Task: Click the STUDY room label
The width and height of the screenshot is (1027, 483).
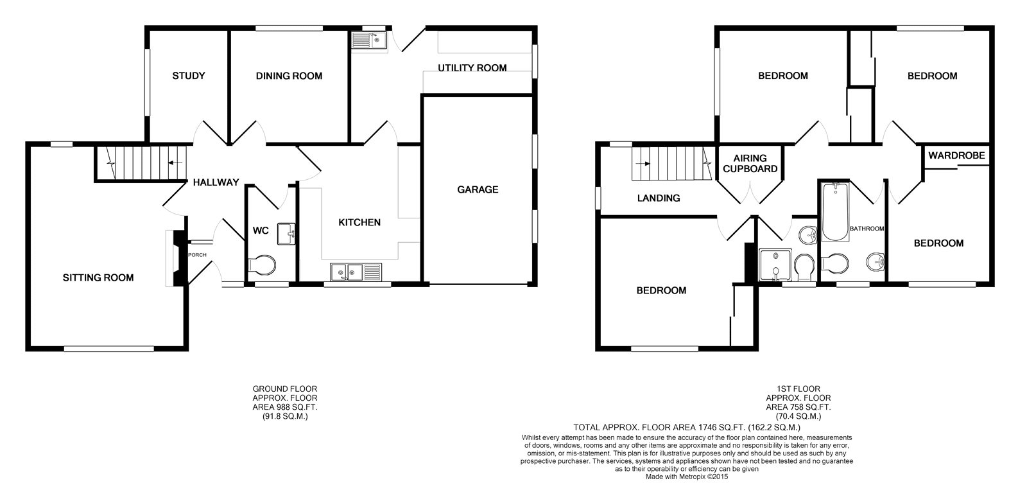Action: pyautogui.click(x=189, y=76)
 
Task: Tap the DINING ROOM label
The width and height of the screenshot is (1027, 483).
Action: pyautogui.click(x=289, y=76)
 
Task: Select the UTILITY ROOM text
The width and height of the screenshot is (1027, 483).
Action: pyautogui.click(x=472, y=68)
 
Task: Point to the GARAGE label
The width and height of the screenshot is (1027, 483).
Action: pyautogui.click(x=478, y=189)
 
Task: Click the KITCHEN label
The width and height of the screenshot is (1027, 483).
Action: pyautogui.click(x=359, y=222)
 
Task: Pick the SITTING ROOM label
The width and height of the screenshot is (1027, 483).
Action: pyautogui.click(x=98, y=277)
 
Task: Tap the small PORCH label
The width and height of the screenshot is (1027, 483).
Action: pyautogui.click(x=197, y=255)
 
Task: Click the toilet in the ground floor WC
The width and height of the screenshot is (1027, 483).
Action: pyautogui.click(x=262, y=265)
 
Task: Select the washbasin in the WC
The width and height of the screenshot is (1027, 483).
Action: pyautogui.click(x=286, y=234)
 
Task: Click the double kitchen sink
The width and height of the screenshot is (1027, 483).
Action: pyautogui.click(x=356, y=272)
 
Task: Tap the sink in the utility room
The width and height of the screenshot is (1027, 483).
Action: pyautogui.click(x=369, y=40)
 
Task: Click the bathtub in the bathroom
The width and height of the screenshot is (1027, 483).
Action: pyautogui.click(x=835, y=211)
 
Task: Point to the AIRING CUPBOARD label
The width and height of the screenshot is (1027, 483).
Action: pyautogui.click(x=750, y=164)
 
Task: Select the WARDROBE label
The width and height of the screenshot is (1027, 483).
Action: pyautogui.click(x=956, y=155)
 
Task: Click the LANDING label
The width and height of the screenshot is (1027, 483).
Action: pyautogui.click(x=659, y=198)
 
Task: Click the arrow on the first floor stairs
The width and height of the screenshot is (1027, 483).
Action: pyautogui.click(x=643, y=163)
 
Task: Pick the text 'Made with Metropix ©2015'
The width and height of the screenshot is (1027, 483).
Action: pyautogui.click(x=687, y=477)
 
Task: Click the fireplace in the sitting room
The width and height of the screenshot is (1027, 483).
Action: pyautogui.click(x=177, y=258)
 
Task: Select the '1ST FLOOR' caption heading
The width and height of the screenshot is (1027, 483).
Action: pyautogui.click(x=798, y=389)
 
